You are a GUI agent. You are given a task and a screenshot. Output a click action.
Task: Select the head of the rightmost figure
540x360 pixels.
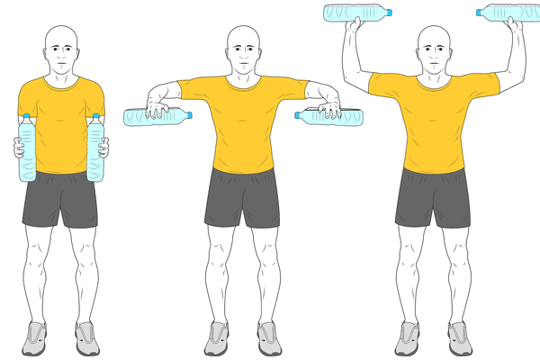tap(435, 50)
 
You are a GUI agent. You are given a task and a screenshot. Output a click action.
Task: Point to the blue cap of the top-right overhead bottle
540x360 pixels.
tap(480, 13)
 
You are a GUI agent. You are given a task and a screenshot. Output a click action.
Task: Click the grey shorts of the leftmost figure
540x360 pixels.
tap(59, 200)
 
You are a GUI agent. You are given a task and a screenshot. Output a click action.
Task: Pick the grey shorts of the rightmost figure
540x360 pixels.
tap(434, 198)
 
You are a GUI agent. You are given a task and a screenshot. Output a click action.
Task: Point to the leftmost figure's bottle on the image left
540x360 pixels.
tap(27, 148)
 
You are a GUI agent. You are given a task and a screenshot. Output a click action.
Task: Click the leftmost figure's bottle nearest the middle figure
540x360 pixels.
tap(94, 148)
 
